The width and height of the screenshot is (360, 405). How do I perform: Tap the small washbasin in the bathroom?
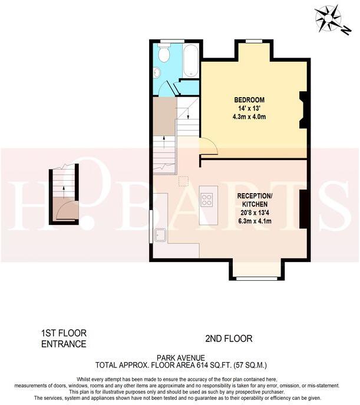coord(157,72)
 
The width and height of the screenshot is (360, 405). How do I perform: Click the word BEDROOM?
coord(249,99)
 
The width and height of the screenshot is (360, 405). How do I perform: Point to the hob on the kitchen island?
coord(207,200)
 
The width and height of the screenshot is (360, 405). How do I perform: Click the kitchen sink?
coord(160,235)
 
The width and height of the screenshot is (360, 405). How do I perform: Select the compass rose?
coord(327,19)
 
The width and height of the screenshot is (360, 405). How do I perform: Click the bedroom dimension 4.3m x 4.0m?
coord(249,117)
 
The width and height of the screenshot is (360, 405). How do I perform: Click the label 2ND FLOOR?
coord(229,338)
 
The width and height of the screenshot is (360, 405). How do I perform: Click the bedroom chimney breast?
coord(303,109)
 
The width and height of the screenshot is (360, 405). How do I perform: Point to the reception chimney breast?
coord(303,208)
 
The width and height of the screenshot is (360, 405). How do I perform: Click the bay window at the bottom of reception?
coord(256,277)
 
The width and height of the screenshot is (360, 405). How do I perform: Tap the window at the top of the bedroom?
coord(254,41)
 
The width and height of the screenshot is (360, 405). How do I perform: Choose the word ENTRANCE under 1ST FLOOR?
coord(64,344)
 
